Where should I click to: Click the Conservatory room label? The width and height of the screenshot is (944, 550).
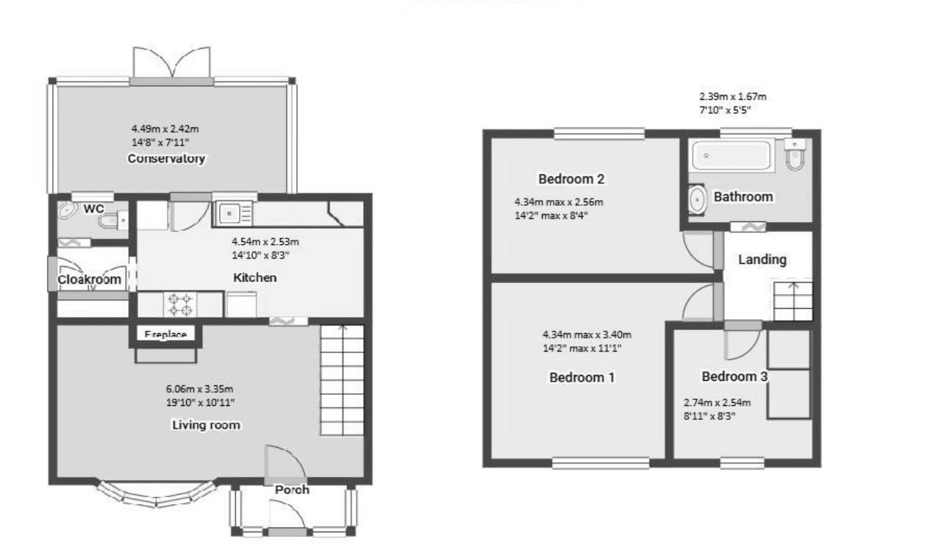click(165, 159)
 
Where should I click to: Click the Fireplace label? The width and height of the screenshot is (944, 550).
click(165, 335)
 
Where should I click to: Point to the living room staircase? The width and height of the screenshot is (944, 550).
click(342, 380)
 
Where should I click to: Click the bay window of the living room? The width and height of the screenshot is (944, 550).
click(155, 496)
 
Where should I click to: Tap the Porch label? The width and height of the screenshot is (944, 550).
click(292, 490)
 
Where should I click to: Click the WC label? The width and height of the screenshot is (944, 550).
click(93, 209)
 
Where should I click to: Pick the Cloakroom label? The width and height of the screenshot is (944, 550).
click(89, 279)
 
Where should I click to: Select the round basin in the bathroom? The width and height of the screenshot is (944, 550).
click(697, 199)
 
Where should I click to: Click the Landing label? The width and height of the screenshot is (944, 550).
click(762, 260)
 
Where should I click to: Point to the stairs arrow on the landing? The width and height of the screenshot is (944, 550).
click(793, 288)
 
